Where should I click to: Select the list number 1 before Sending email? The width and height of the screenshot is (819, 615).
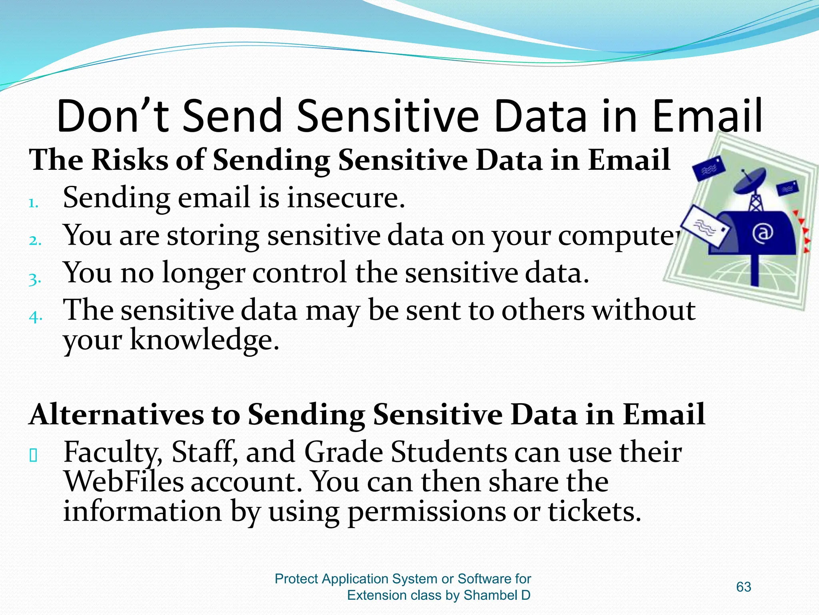33,203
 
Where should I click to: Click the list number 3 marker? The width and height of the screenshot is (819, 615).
34,279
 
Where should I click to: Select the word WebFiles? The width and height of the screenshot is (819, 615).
123,482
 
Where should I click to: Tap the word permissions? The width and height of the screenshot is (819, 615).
426,512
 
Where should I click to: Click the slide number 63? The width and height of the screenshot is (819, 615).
743,587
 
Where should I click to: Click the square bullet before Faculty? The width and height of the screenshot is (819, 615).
34,456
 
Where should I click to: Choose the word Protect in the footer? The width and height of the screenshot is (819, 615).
296,579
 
